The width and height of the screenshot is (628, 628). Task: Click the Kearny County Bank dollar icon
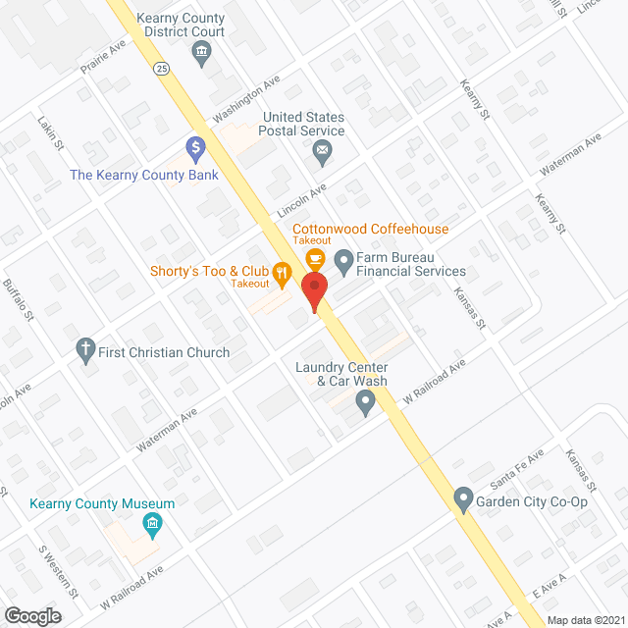[196, 149]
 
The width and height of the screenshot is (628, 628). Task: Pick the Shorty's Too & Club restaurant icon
[283, 275]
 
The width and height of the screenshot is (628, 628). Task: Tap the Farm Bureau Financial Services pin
[343, 261]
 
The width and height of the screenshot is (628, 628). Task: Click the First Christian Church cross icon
[86, 349]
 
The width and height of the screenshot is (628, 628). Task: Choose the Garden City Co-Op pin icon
[463, 500]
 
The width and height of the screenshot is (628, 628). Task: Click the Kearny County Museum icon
[153, 526]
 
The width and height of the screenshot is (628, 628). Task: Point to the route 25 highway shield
[160, 68]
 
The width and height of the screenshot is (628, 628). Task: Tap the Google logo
[31, 615]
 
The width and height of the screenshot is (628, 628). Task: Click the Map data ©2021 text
[585, 620]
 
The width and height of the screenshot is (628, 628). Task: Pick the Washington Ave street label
[247, 98]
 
